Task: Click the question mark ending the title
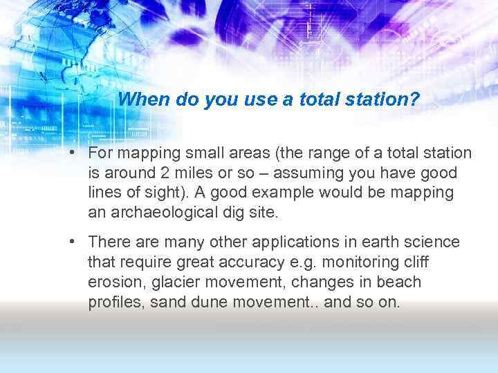pyautogui.click(x=415, y=99)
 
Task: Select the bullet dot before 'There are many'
pyautogui.click(x=72, y=242)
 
